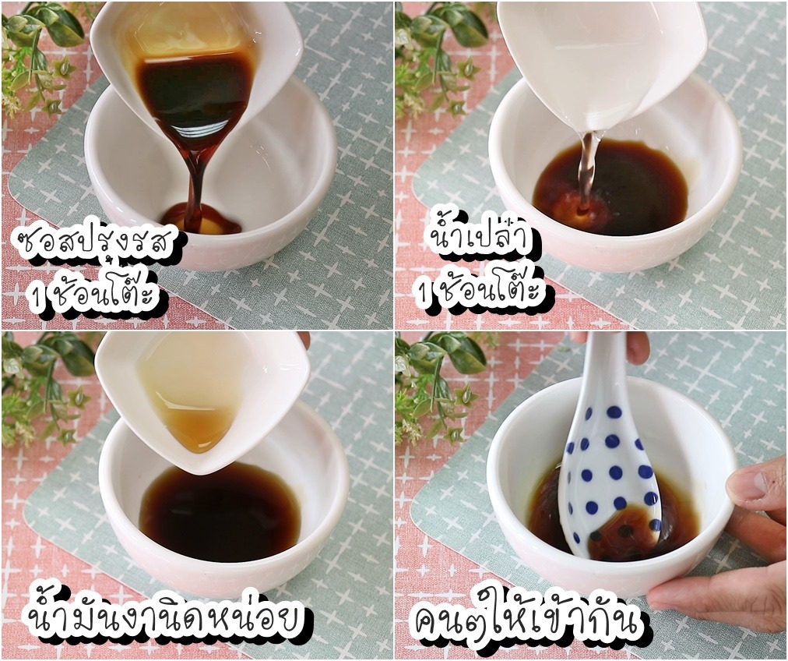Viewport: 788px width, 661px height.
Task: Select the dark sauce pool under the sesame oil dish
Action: click(221, 513)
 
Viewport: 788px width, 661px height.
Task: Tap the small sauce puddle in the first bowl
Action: click(201, 217)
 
